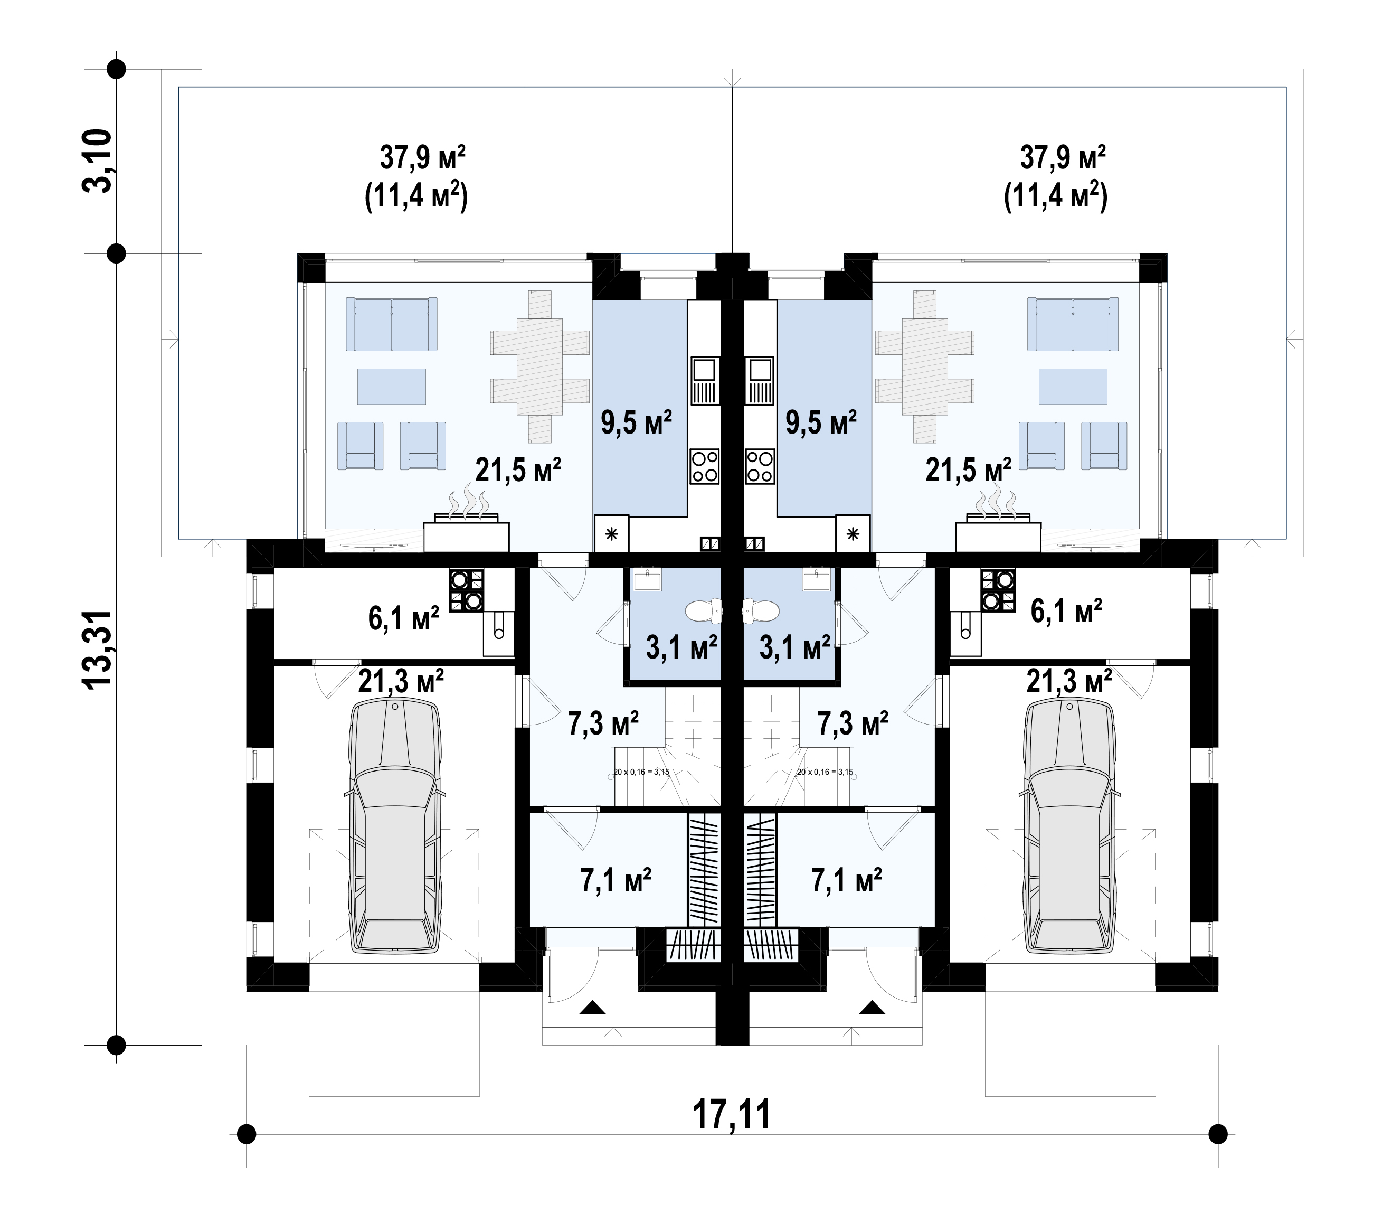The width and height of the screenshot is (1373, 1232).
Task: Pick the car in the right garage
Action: (x=1069, y=827)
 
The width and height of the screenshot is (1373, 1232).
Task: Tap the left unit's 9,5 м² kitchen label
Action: (x=636, y=422)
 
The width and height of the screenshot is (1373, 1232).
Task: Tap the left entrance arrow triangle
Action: (x=593, y=1008)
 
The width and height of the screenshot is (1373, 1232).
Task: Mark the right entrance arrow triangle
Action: (x=872, y=1008)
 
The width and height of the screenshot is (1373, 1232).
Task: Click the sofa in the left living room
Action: (x=392, y=324)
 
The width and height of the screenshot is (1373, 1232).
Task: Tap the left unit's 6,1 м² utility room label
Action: (x=403, y=618)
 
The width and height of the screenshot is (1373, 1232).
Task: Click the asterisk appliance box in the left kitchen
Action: (x=611, y=534)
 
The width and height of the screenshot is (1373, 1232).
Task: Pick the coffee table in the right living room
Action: (x=1073, y=386)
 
